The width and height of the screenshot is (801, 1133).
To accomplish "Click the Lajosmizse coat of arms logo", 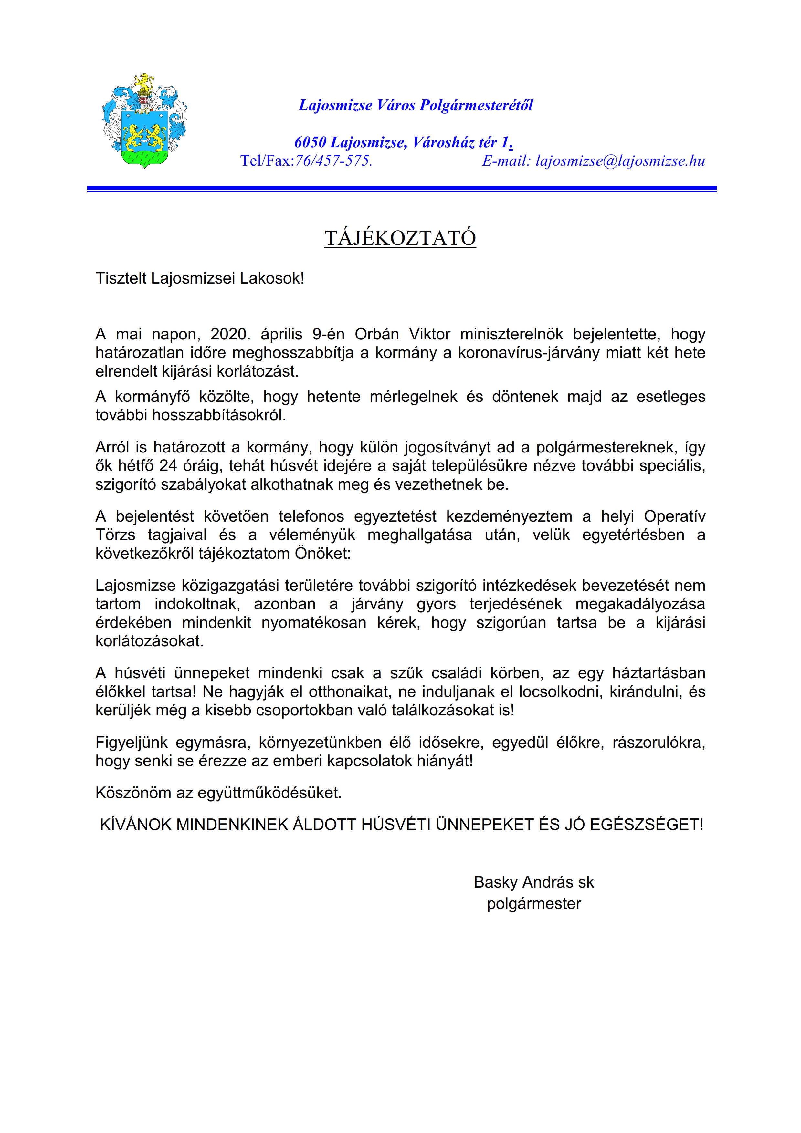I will click(x=144, y=121).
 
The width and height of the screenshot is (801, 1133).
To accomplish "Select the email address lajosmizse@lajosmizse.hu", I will click(x=620, y=161).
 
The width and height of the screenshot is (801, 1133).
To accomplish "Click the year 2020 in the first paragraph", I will click(x=230, y=334).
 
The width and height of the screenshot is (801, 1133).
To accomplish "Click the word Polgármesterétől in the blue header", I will click(x=476, y=105).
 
